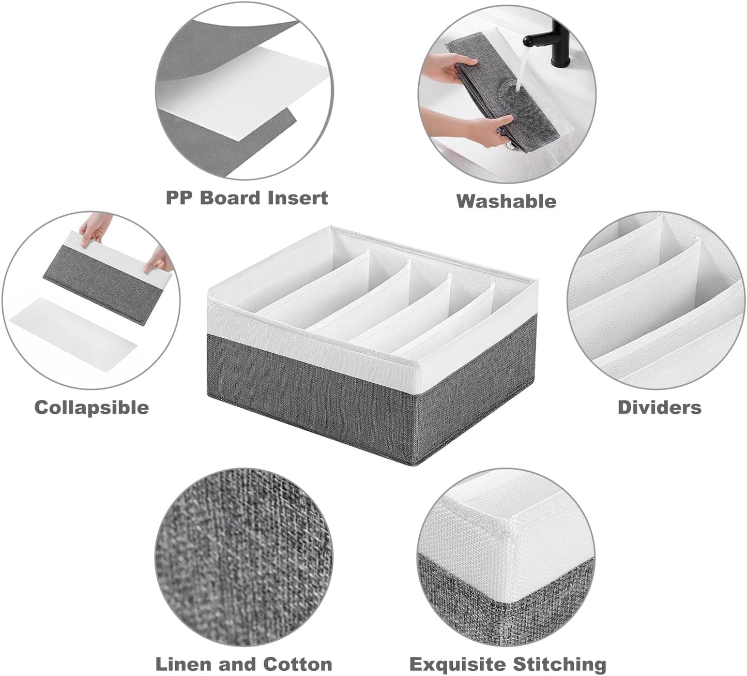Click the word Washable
tap(506, 201)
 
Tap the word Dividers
tap(659, 407)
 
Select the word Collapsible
tap(92, 407)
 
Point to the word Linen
tap(184, 664)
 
